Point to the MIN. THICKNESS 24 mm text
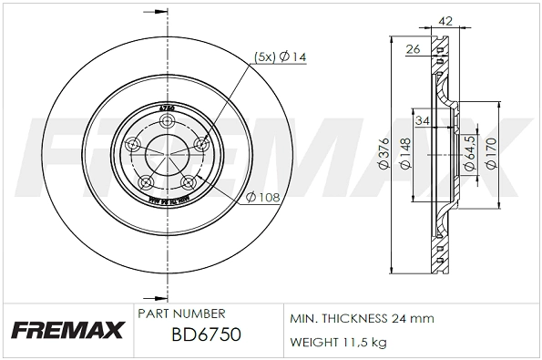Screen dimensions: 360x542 (362, 318)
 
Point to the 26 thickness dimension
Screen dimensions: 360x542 (413, 50)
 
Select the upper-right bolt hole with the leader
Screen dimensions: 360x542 (200, 142)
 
